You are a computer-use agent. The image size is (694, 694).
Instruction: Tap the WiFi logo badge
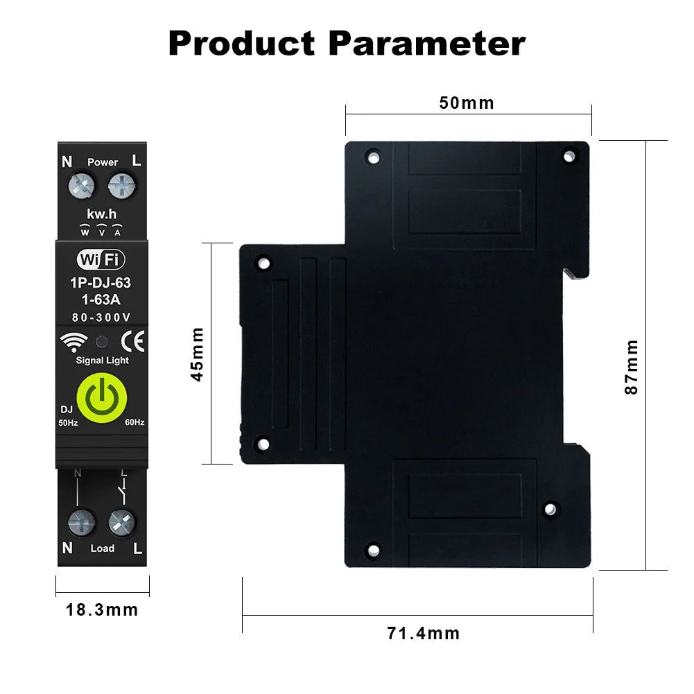[x=101, y=260]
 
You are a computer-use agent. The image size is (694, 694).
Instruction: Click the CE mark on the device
[x=132, y=341]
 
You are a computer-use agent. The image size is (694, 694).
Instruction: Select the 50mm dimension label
[x=467, y=103]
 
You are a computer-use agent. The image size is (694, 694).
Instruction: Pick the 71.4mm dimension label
[x=423, y=633]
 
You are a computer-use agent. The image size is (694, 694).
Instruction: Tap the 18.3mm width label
[x=102, y=610]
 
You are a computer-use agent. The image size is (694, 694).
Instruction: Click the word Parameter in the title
[x=427, y=43]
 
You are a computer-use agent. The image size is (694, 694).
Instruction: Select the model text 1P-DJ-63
[x=102, y=283]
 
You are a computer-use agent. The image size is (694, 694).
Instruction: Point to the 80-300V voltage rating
[x=102, y=317]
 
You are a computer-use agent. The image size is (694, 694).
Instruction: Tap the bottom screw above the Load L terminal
[x=122, y=521]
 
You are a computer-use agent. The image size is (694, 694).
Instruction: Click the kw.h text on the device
[x=102, y=214]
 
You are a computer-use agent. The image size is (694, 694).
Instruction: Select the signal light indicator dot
[x=102, y=342]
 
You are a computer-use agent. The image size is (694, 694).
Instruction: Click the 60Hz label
[x=135, y=422]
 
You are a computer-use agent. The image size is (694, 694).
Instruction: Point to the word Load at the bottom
[x=102, y=548]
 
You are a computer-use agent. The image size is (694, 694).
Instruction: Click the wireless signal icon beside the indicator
[x=74, y=341]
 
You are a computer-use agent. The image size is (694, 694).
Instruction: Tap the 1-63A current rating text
[x=102, y=300]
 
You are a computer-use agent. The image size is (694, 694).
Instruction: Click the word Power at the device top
[x=102, y=162]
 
